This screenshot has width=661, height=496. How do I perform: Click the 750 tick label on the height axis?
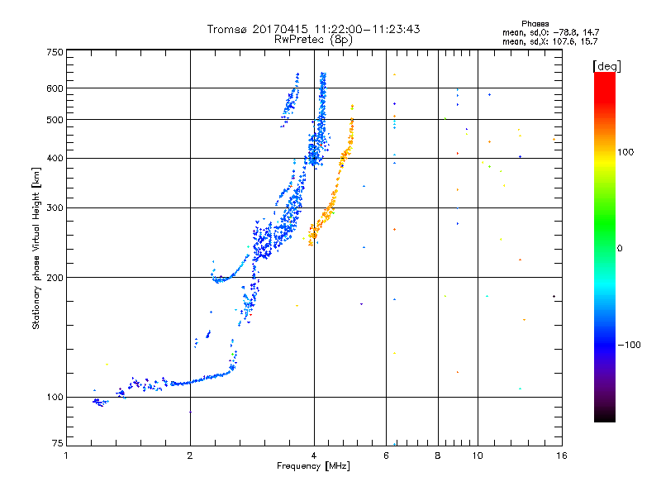[54, 52]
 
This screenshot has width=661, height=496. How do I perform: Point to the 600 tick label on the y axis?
[54, 88]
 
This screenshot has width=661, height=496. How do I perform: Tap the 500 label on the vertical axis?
[54, 120]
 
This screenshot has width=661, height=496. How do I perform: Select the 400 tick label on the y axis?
[54, 158]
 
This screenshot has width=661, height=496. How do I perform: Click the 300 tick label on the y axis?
[54, 207]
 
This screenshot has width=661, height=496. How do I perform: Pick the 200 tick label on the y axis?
[54, 277]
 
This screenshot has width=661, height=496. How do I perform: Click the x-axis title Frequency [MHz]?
[314, 467]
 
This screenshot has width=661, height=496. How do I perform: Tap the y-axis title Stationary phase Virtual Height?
[36, 249]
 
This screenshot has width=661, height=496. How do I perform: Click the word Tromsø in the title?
[228, 30]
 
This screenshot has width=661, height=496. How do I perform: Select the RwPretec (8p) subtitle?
[314, 39]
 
